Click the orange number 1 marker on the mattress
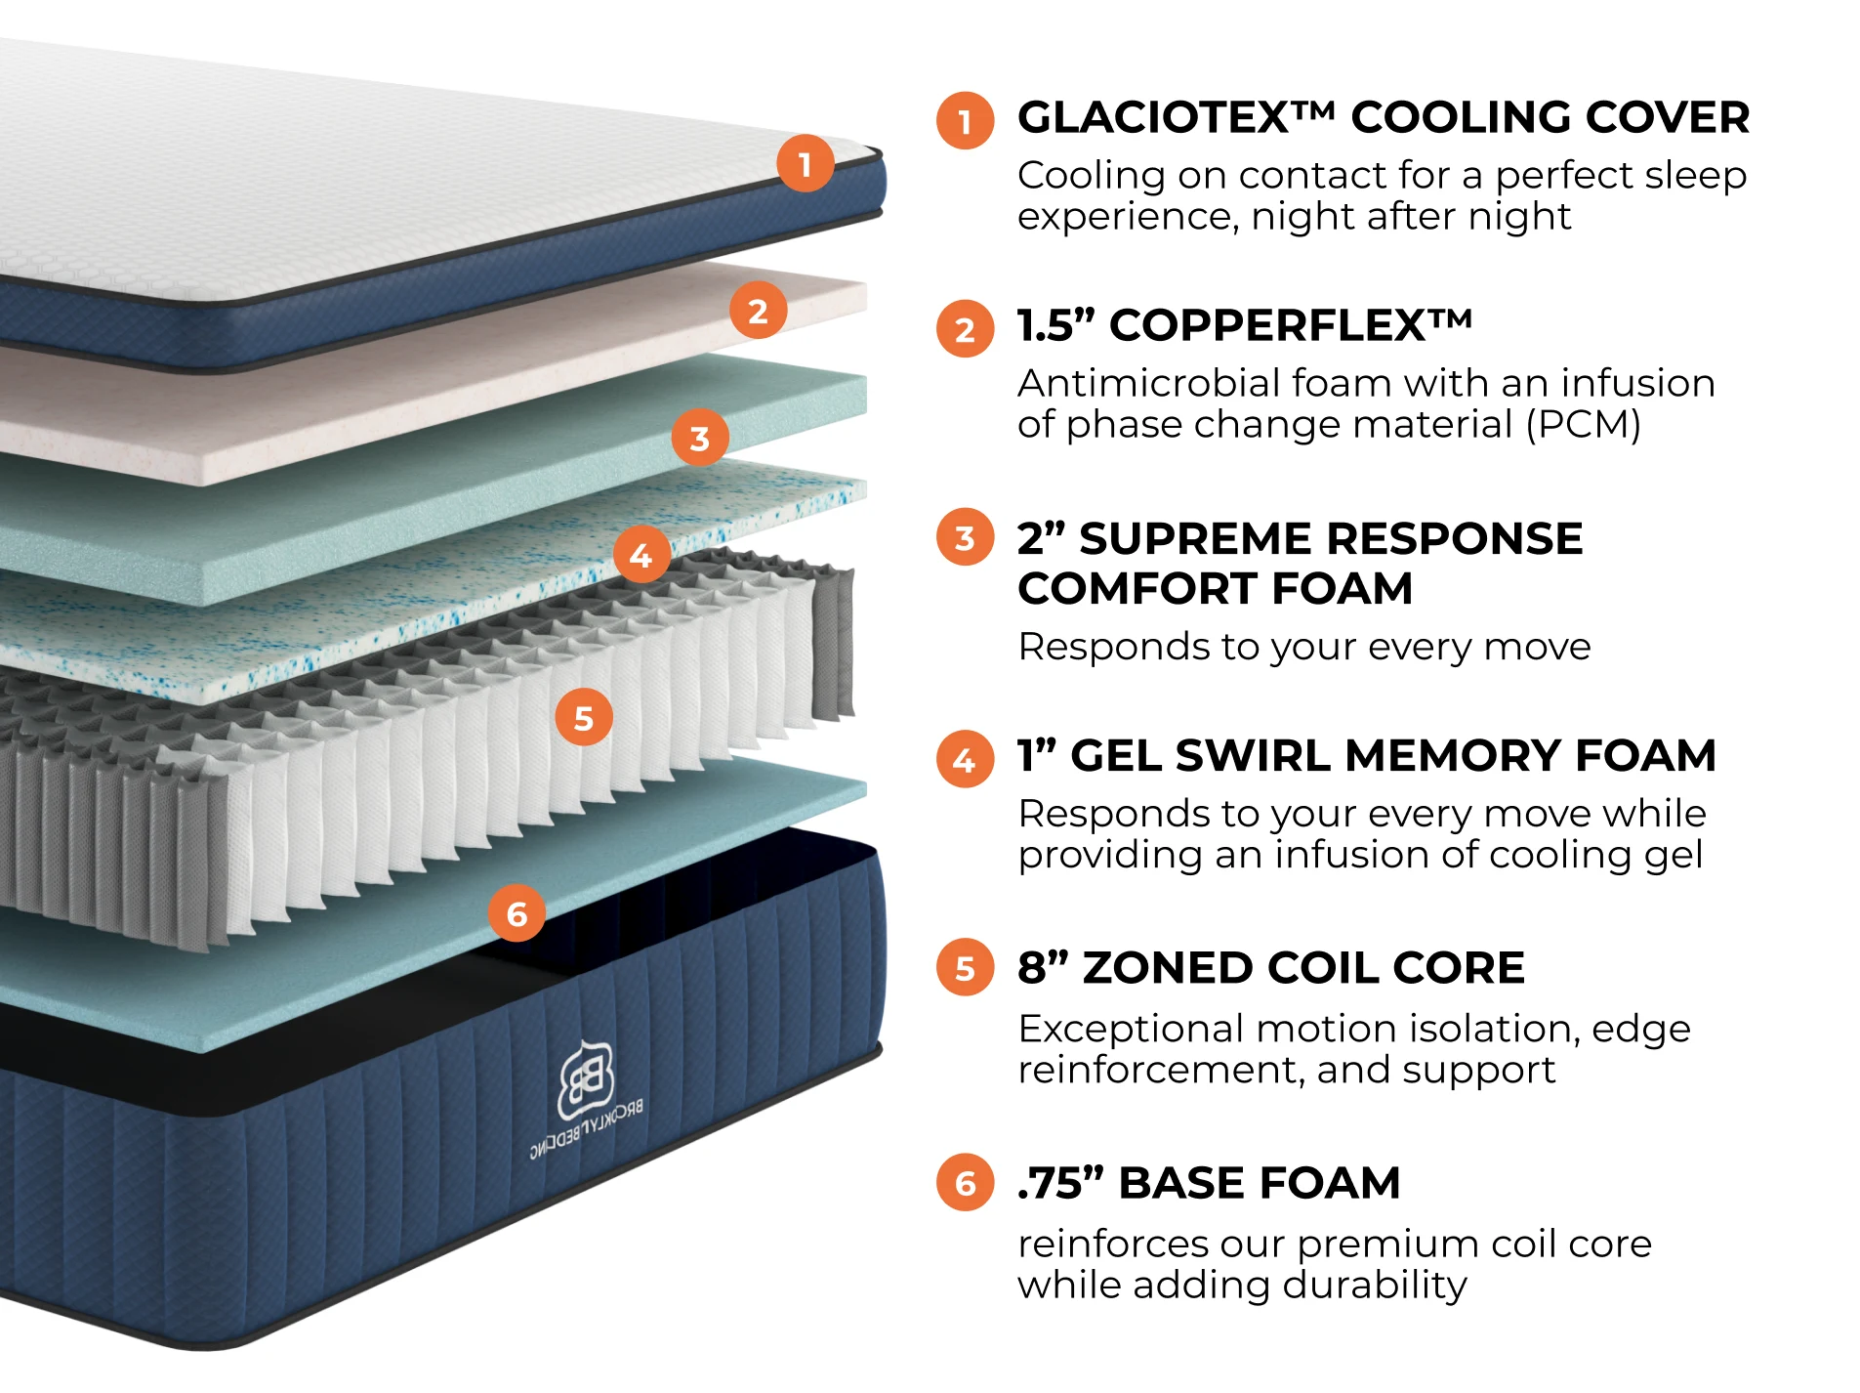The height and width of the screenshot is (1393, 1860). (x=806, y=163)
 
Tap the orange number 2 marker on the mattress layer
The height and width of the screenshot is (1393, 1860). (x=758, y=311)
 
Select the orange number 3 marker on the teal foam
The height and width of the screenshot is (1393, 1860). (x=699, y=438)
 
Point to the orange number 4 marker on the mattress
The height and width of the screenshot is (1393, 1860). (x=641, y=555)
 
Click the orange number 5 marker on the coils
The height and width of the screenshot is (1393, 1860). (x=583, y=718)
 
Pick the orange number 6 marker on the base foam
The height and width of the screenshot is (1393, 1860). (x=517, y=913)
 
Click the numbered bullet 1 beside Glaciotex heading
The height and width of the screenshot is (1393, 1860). (x=965, y=121)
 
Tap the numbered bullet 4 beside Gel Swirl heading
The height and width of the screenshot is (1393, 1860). (x=965, y=759)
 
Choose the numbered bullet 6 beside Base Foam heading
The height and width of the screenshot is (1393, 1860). (x=965, y=1183)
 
